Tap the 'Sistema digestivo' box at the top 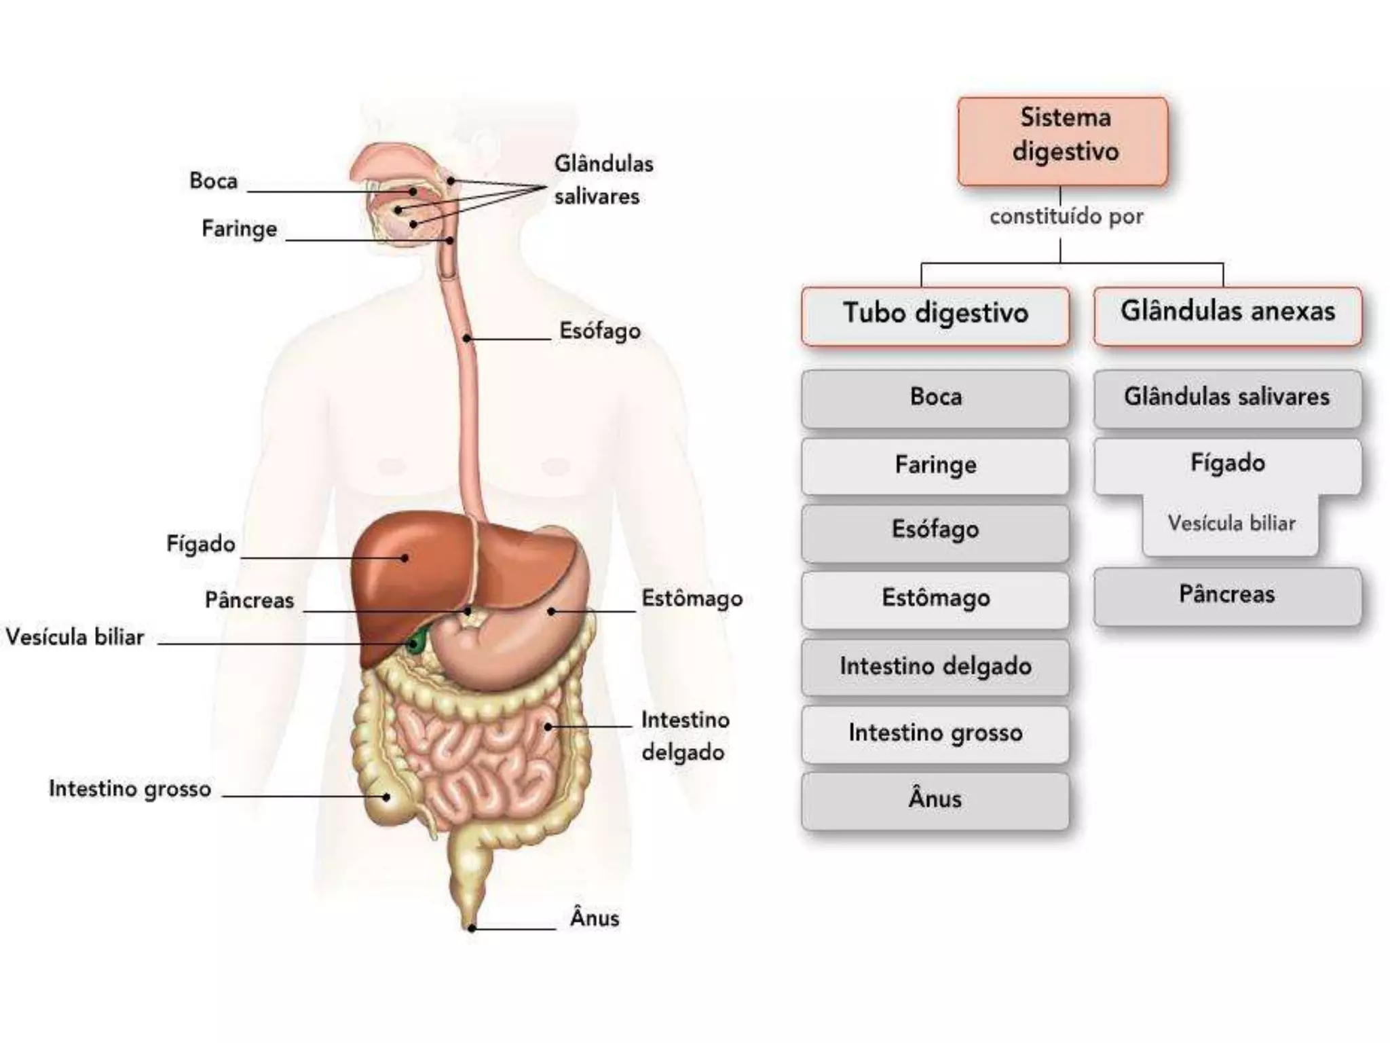tap(1063, 141)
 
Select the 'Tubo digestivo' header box tap(935, 315)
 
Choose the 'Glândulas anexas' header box tap(1227, 314)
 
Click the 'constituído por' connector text tap(1066, 217)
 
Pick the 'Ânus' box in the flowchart tap(935, 800)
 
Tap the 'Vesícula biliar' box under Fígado tap(1231, 524)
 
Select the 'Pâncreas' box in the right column tap(1227, 596)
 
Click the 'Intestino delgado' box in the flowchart tap(935, 667)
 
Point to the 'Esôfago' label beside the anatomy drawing tap(600, 331)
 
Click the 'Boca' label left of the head tap(213, 181)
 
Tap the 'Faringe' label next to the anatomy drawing tap(240, 229)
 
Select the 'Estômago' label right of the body tap(692, 599)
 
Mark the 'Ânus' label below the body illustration tap(595, 919)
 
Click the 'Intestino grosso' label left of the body tap(130, 789)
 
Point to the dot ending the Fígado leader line tap(405, 558)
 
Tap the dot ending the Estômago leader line tap(551, 611)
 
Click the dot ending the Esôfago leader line tap(467, 337)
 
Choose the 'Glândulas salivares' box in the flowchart tap(1227, 398)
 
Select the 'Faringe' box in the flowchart tap(935, 466)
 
